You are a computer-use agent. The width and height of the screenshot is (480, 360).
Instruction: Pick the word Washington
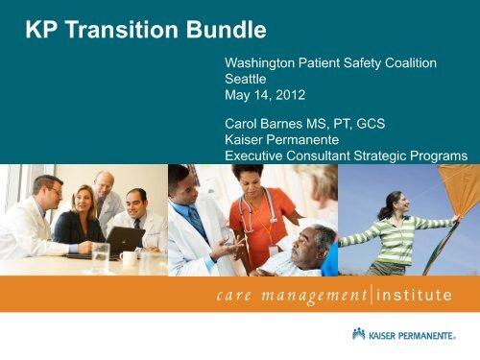tap(264, 62)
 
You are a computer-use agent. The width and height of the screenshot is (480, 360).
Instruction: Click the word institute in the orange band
tap(416, 295)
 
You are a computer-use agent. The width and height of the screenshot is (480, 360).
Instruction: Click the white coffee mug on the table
tap(128, 257)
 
